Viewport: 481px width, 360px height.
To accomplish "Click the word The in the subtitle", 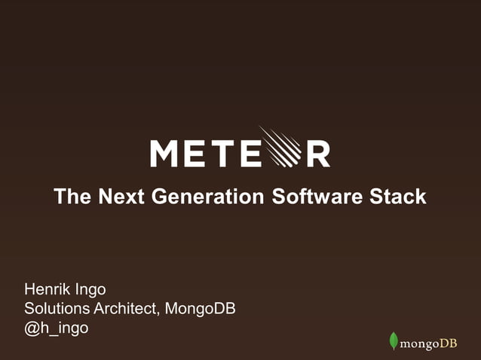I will click(73, 197).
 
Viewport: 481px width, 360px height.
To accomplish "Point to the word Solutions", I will click(57, 309).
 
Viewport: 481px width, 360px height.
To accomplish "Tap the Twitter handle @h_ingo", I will click(57, 329).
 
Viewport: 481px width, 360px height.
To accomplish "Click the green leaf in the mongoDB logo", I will click(393, 341).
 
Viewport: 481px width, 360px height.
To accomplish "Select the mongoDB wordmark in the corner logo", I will click(428, 344).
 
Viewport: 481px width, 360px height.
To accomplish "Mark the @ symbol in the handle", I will click(32, 329).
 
